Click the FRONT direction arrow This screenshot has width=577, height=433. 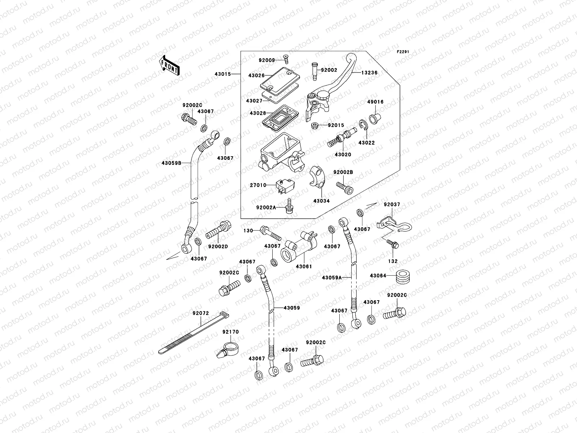[x=169, y=65]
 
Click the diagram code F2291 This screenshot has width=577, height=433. [x=404, y=52]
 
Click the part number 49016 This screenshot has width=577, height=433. [x=375, y=102]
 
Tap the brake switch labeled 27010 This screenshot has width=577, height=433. [x=283, y=185]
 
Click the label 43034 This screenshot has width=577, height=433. [x=321, y=201]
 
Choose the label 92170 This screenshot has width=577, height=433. [x=230, y=332]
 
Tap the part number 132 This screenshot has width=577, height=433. [x=393, y=261]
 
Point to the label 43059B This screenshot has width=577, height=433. [x=171, y=163]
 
